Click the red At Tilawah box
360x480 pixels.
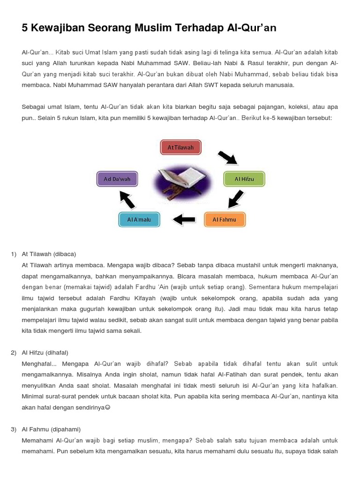click(x=180, y=147)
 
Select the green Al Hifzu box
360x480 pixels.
click(x=244, y=179)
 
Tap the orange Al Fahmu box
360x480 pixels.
click(x=225, y=219)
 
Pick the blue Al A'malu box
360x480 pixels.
click(x=139, y=219)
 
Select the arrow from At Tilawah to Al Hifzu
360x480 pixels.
click(x=228, y=157)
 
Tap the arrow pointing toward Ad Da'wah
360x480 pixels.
click(x=127, y=199)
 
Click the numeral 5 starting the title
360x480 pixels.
click(x=25, y=28)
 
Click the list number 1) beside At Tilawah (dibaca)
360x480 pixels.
click(x=14, y=254)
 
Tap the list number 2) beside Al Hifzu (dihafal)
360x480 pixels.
click(x=14, y=352)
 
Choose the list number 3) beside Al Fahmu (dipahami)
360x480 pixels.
click(x=14, y=429)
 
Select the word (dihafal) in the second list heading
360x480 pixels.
click(x=57, y=352)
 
